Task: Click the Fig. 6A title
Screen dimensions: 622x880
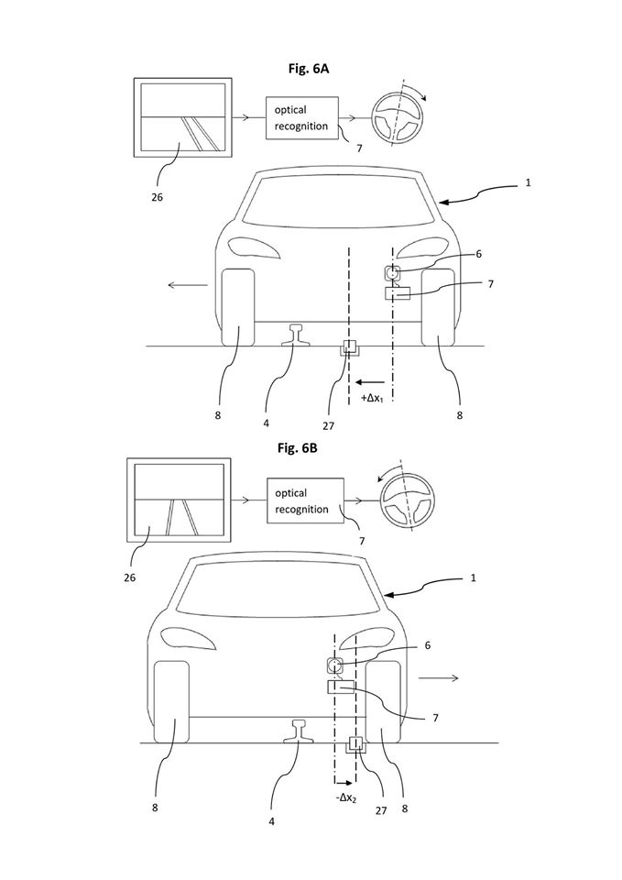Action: tap(309, 69)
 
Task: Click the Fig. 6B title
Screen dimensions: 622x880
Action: tap(297, 448)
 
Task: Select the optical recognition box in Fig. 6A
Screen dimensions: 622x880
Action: tap(302, 118)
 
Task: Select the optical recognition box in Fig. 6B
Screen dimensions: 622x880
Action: tap(306, 500)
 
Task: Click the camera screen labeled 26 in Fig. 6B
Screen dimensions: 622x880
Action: tap(179, 500)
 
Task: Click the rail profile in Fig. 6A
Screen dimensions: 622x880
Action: tap(295, 335)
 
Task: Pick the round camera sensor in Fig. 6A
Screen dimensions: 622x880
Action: tap(392, 273)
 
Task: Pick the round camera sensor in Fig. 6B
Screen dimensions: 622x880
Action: tap(335, 666)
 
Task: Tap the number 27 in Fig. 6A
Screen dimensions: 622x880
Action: tap(329, 426)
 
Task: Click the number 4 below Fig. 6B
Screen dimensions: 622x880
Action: tap(272, 821)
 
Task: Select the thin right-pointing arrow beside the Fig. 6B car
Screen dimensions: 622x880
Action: tap(439, 678)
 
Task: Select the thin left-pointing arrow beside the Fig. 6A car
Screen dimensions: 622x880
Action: tap(188, 285)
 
